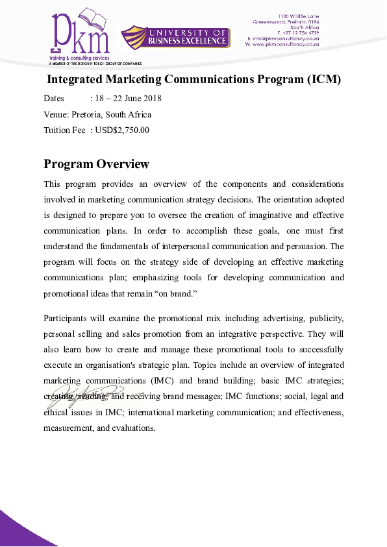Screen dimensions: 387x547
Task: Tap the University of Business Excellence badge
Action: coord(176,37)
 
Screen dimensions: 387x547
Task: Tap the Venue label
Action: coord(56,115)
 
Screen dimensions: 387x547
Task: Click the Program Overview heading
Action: coord(96,164)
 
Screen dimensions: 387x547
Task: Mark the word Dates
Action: coord(54,99)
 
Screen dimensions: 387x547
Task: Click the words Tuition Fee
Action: coord(64,130)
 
